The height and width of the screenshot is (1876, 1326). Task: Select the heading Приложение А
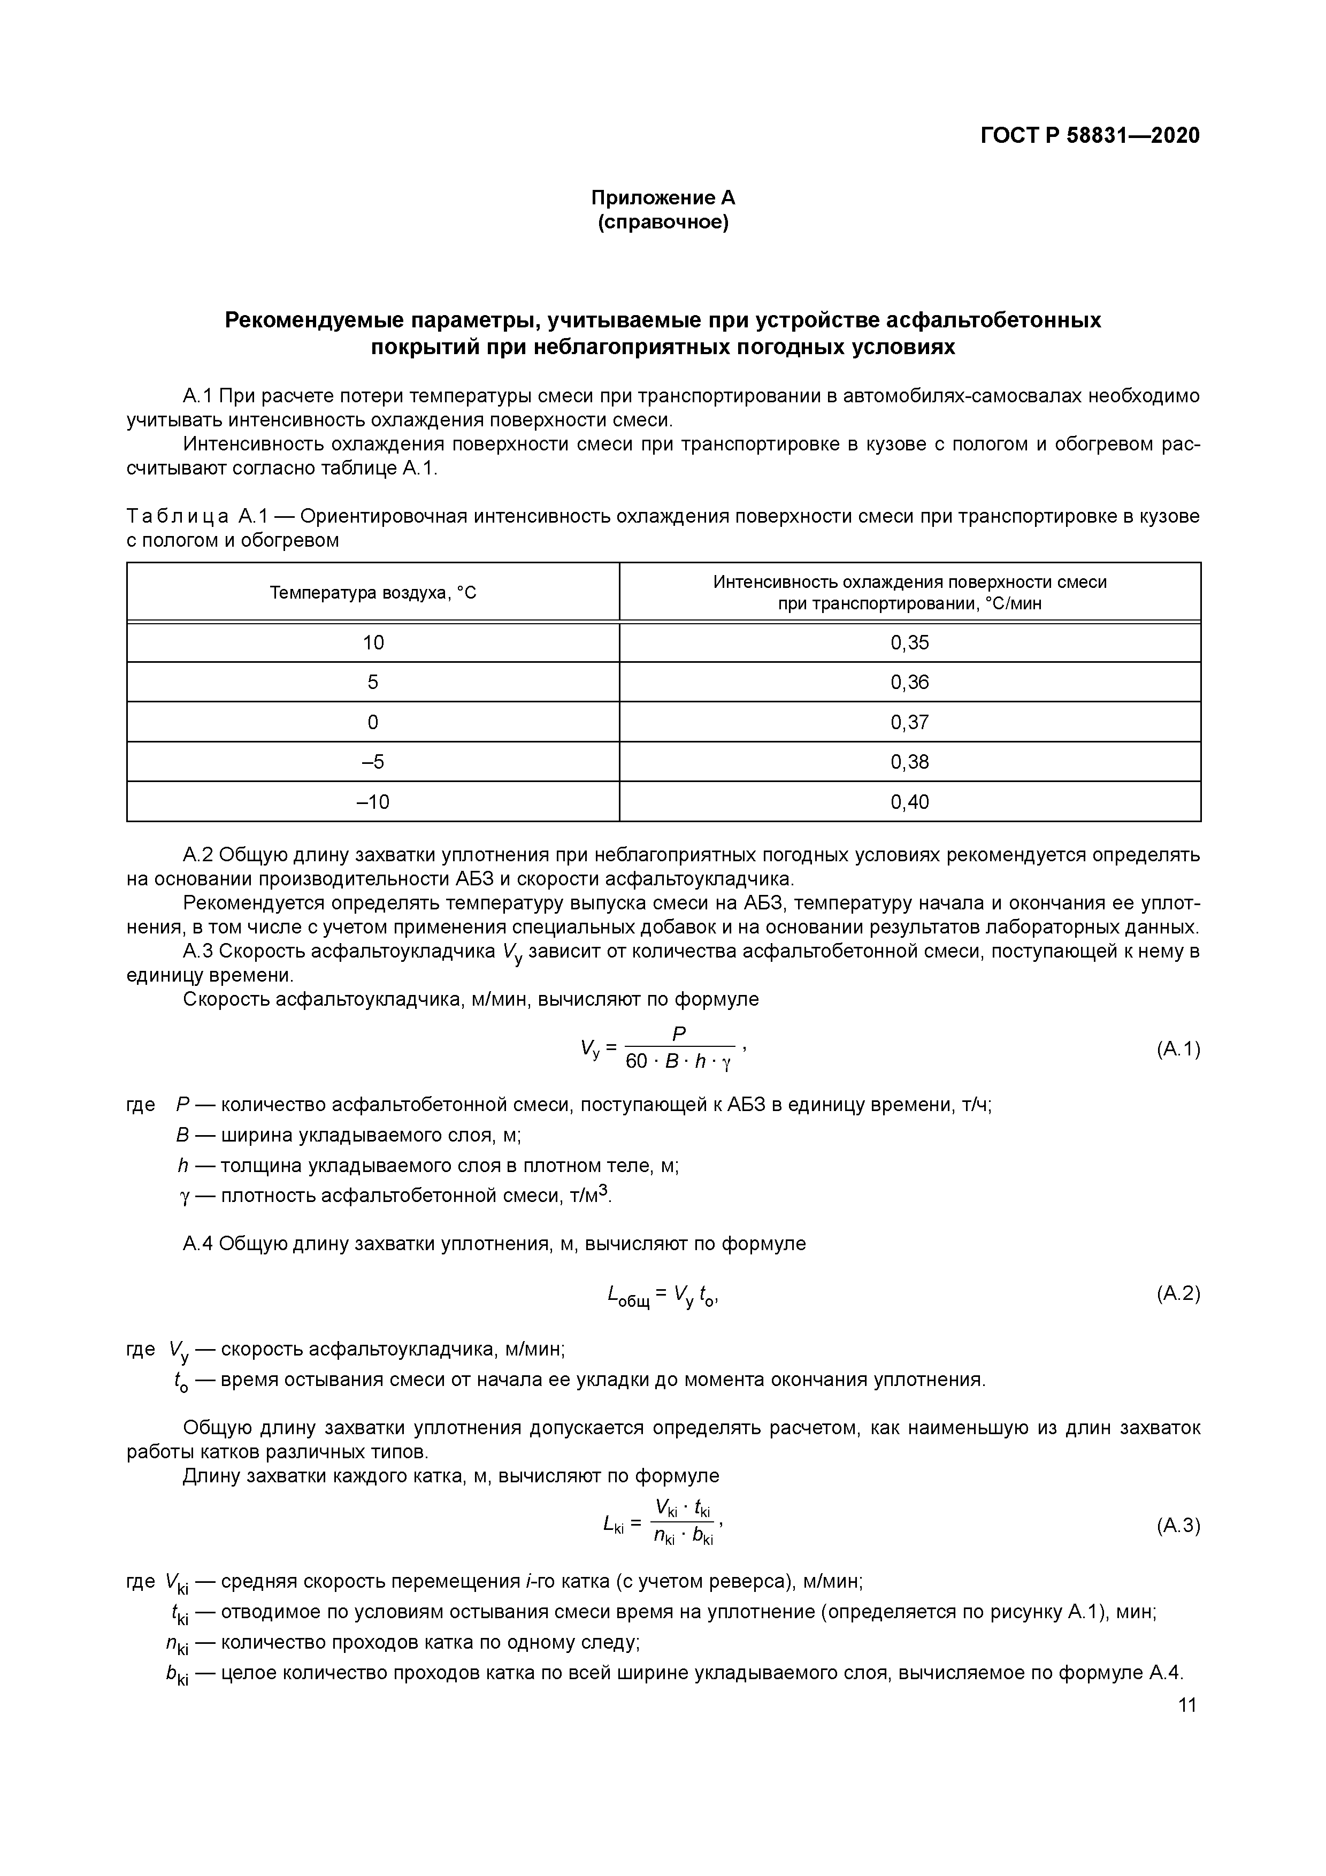pos(663,198)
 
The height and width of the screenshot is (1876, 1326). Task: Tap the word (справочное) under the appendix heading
pos(663,222)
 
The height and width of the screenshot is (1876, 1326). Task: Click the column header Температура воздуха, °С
pos(373,592)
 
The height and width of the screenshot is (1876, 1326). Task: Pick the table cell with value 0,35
pos(909,643)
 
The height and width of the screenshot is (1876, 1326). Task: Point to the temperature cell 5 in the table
pos(373,682)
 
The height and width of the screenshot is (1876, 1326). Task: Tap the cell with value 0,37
pos(909,722)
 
